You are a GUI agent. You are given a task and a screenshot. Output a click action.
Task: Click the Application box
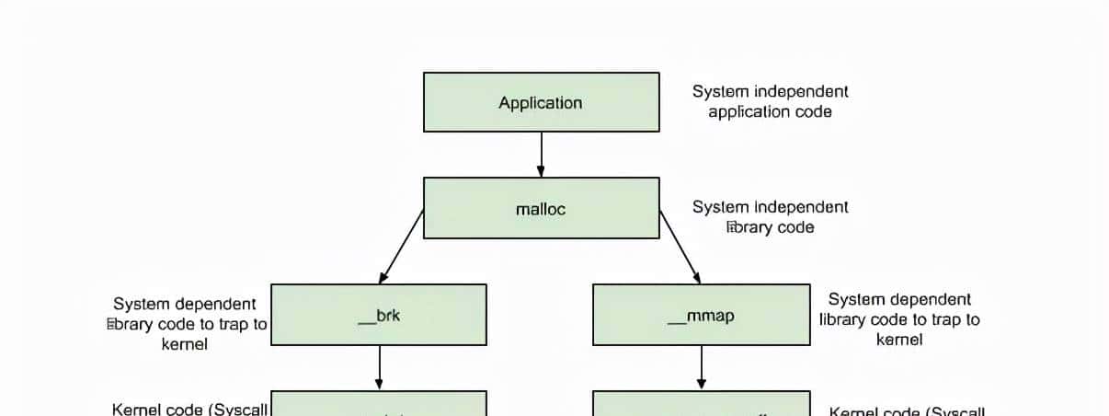(x=541, y=102)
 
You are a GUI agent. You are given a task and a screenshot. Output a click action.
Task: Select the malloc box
(x=541, y=208)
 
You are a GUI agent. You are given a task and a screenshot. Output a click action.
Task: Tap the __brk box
(x=379, y=315)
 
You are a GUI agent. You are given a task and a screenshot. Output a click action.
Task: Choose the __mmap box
(x=701, y=315)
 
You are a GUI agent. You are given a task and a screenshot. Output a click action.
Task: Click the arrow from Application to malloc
(x=541, y=154)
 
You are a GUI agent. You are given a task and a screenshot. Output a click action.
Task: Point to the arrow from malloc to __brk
(x=401, y=246)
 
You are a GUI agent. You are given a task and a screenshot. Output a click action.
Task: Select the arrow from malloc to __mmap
(x=680, y=246)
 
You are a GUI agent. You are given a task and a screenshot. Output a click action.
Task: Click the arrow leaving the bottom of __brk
(x=379, y=367)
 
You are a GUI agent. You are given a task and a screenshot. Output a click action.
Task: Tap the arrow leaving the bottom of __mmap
(x=701, y=367)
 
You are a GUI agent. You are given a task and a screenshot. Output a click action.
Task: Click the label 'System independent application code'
(x=770, y=101)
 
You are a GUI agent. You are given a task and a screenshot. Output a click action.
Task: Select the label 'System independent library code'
(x=770, y=216)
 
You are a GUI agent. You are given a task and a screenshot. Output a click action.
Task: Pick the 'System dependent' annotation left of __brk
(x=185, y=304)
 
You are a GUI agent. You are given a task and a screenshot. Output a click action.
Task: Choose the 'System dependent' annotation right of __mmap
(x=899, y=299)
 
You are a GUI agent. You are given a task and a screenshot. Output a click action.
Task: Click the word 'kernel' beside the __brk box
(x=185, y=344)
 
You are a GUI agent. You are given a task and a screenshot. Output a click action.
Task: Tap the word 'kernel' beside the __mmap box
(x=899, y=340)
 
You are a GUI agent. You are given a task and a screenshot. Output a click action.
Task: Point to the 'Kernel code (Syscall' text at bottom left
(x=189, y=409)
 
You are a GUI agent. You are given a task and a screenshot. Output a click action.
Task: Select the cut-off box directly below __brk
(x=379, y=404)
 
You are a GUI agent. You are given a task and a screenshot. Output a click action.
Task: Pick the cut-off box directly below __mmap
(x=701, y=404)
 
